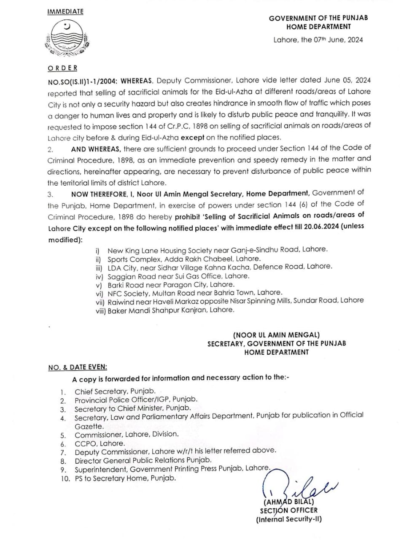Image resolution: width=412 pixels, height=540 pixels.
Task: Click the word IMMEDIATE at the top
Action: tap(65, 11)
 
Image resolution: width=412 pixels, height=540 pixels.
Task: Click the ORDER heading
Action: tap(62, 68)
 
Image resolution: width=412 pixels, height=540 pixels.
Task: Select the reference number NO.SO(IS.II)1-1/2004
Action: tap(83, 80)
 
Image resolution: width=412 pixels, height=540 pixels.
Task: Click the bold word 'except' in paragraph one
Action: tap(192, 137)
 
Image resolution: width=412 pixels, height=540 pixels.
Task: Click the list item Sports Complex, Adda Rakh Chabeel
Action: tap(183, 259)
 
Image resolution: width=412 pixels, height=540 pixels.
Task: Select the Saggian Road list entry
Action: tap(178, 276)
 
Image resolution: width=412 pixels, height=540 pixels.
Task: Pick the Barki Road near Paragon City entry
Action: tap(171, 284)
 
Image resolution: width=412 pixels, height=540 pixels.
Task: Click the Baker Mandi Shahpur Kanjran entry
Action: tap(170, 310)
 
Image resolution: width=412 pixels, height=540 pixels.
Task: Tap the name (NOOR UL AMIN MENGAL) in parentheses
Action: tap(276, 335)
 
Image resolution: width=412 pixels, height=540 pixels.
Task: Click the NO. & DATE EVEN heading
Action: tap(78, 367)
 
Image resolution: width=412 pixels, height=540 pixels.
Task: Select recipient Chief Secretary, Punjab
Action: tap(115, 391)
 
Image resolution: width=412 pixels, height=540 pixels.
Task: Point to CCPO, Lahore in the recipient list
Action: tap(100, 443)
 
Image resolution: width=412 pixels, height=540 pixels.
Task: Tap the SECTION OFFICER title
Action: tap(288, 510)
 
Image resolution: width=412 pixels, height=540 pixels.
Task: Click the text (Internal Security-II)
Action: tap(288, 519)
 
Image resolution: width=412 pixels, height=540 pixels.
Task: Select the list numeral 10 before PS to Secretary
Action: tap(65, 478)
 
